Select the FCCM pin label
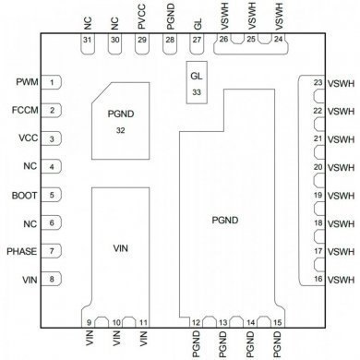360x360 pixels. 24,111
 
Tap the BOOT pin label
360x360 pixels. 24,195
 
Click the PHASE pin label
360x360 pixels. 22,251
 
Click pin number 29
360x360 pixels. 141,40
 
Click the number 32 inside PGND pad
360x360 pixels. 120,131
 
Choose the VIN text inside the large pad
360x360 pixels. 121,248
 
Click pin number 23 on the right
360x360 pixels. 318,83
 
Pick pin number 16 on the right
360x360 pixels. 318,278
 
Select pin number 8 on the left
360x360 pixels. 52,279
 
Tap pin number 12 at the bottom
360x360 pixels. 197,321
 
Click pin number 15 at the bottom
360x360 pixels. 279,321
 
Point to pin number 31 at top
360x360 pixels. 86,40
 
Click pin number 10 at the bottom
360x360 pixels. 114,321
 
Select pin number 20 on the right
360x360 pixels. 318,167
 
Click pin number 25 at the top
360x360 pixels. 251,39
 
